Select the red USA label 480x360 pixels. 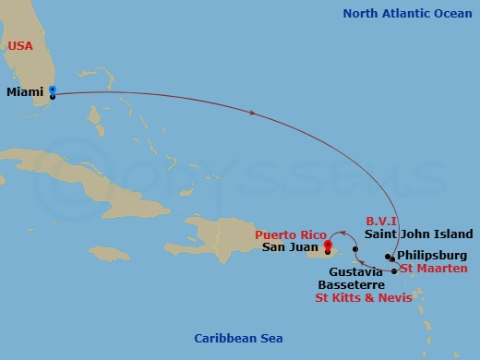click(x=21, y=46)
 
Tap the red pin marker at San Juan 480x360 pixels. click(x=328, y=245)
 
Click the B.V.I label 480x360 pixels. click(x=381, y=222)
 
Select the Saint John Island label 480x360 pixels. click(x=418, y=234)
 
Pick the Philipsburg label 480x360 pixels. click(x=433, y=256)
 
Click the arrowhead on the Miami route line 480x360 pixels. click(x=252, y=112)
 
